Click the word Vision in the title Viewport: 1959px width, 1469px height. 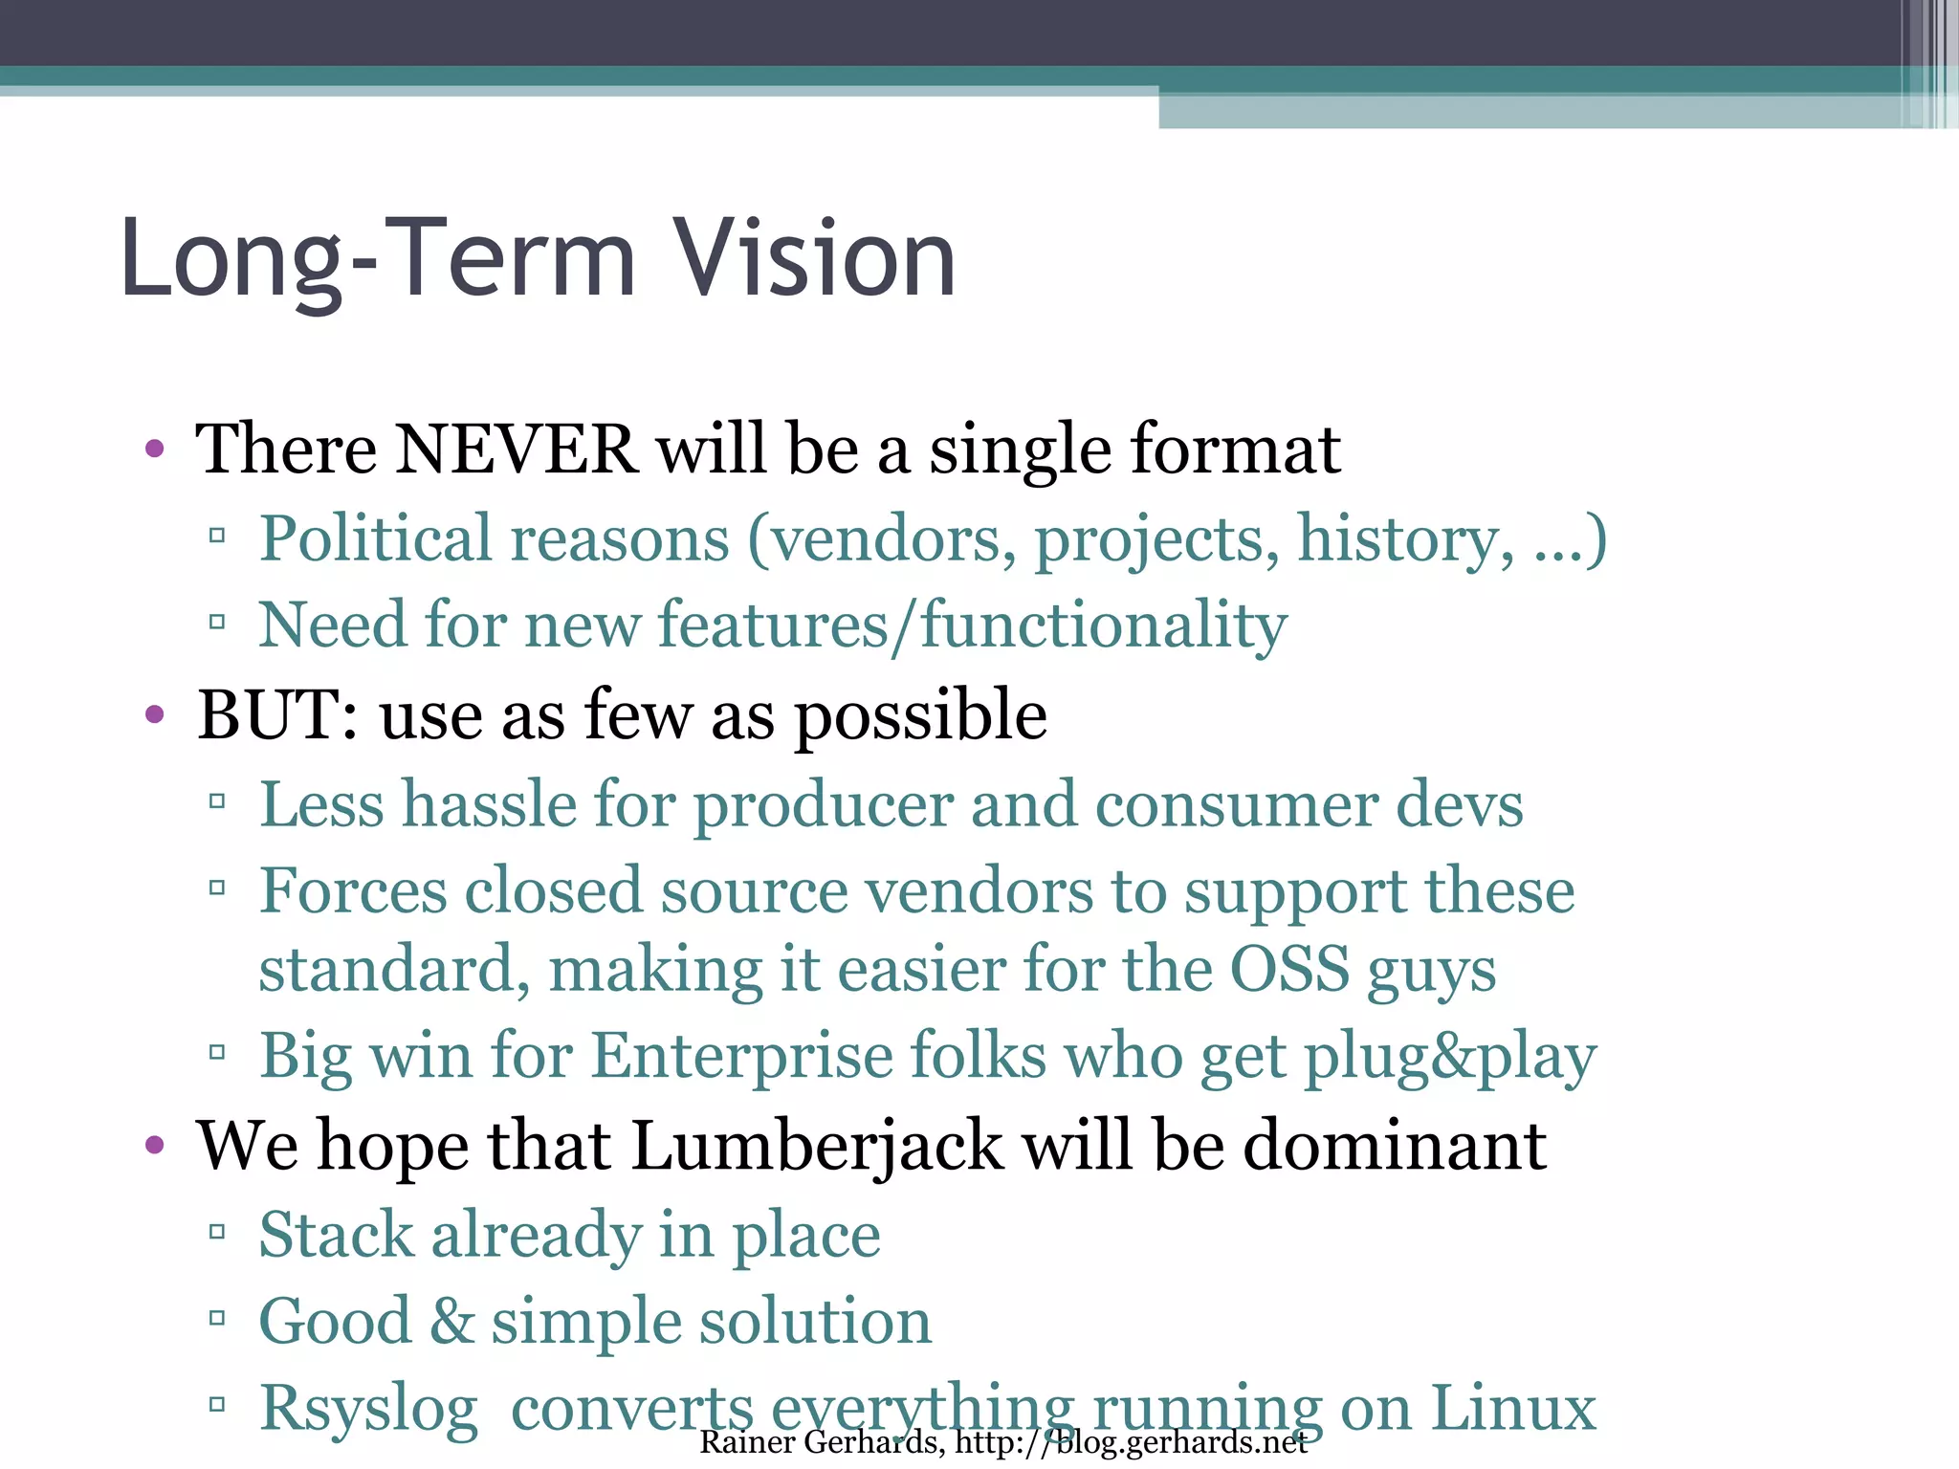(x=814, y=258)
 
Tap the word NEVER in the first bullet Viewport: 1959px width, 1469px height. (x=517, y=449)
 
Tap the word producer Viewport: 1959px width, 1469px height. (x=823, y=803)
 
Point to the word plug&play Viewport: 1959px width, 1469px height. (x=1450, y=1056)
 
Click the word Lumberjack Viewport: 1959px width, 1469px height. (x=818, y=1145)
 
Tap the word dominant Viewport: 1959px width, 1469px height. (x=1395, y=1145)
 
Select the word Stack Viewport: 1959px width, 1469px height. (x=336, y=1234)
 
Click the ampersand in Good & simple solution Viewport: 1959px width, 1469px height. (x=451, y=1321)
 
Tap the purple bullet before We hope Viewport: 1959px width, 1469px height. (x=154, y=1145)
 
